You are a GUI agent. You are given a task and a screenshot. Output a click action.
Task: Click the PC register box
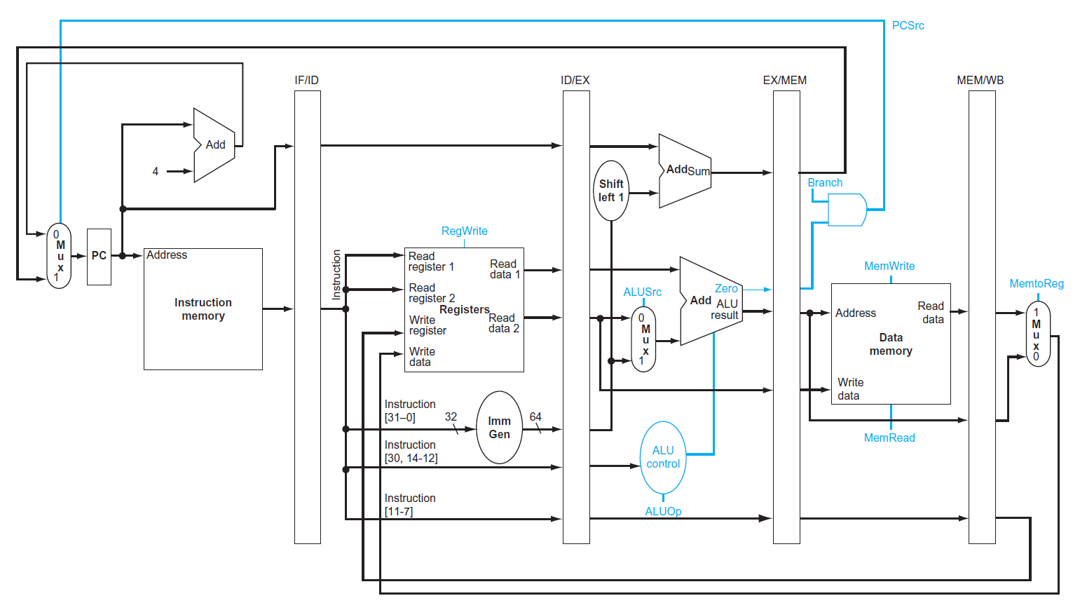coord(99,257)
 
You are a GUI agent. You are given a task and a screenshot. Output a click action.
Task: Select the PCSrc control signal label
coord(908,26)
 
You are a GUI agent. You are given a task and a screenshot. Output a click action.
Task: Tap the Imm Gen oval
coord(499,428)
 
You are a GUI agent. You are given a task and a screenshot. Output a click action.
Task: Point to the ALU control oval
coord(662,457)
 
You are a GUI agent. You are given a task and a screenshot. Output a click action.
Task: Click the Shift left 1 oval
coord(610,191)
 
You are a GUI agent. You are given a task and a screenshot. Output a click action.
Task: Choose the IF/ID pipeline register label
coord(306,81)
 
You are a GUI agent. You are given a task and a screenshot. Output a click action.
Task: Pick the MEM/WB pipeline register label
coord(980,81)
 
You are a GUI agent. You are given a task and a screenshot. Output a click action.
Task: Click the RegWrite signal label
coord(464,231)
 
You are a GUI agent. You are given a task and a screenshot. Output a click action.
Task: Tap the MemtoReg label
coord(1036,284)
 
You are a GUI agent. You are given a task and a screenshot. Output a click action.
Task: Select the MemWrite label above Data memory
coord(889,266)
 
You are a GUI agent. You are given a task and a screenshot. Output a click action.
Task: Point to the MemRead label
coord(889,438)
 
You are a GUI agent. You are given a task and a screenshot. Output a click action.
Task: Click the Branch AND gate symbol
coord(847,210)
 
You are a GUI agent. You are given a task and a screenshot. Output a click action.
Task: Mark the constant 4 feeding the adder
coord(156,171)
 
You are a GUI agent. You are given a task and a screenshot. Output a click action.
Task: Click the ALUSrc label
coord(642,292)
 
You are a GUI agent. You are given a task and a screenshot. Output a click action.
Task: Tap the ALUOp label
coord(663,512)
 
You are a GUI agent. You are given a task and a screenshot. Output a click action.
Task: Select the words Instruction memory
coord(203,309)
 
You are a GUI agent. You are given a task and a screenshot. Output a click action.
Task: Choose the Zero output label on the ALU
coord(726,289)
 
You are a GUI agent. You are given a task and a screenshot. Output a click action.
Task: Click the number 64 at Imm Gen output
coord(535,417)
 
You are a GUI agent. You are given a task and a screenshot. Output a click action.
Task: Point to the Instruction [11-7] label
coord(410,505)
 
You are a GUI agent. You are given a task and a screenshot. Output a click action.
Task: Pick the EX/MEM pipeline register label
coord(784,81)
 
